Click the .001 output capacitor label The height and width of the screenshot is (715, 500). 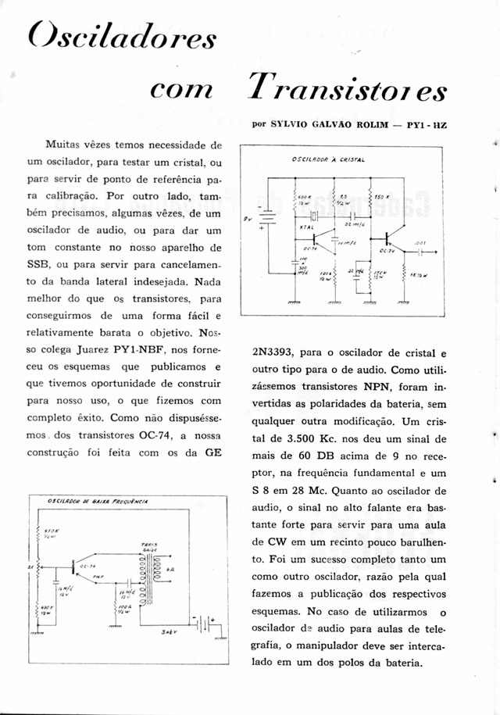420,243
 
